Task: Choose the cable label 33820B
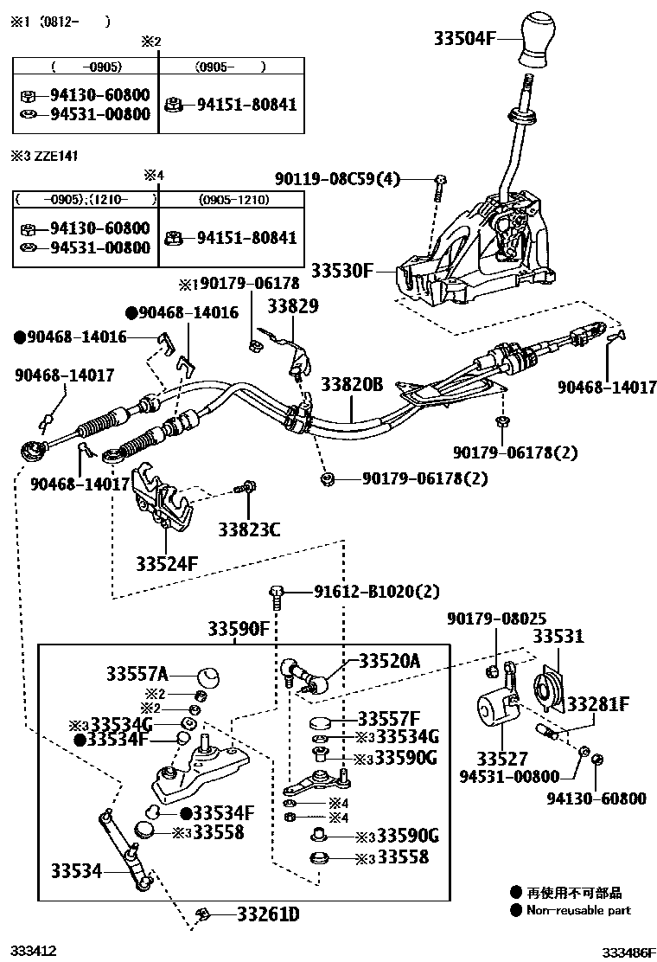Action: click(352, 384)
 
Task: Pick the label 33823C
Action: click(249, 529)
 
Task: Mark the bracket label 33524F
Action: click(167, 564)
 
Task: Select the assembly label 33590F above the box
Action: click(238, 629)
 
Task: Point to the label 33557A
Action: click(137, 672)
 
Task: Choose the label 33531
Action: click(558, 638)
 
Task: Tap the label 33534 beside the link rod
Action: click(76, 871)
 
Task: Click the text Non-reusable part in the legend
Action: click(578, 909)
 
